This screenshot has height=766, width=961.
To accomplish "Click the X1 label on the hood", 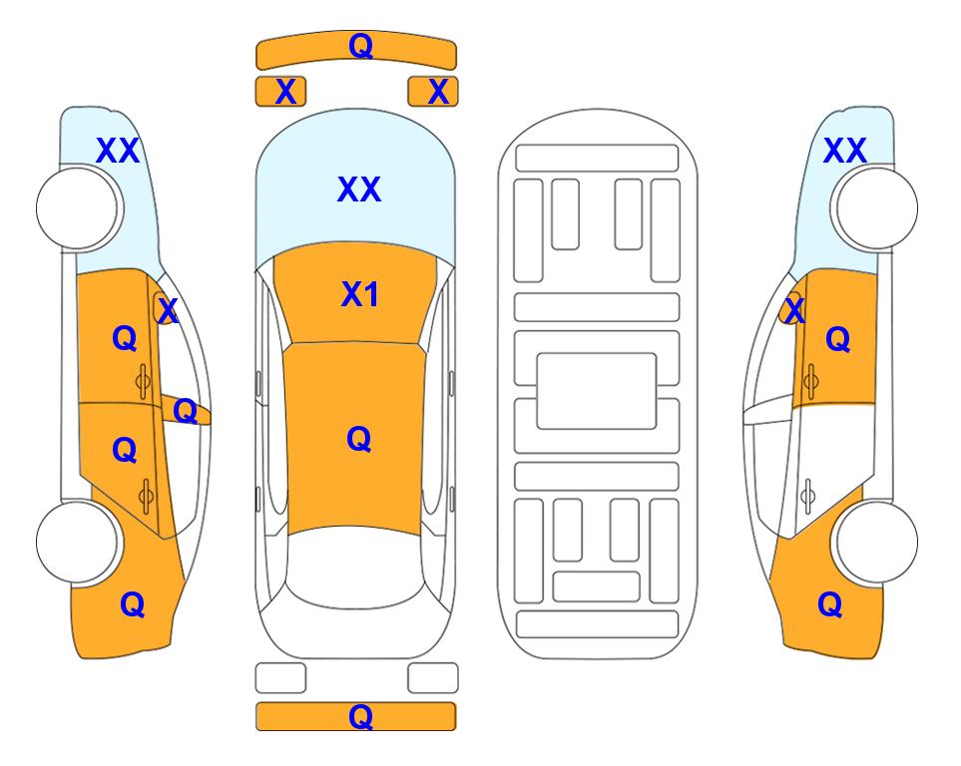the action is tap(359, 294).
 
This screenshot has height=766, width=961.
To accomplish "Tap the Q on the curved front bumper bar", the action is tap(360, 45).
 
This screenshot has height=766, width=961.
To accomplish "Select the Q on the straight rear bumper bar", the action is tap(360, 716).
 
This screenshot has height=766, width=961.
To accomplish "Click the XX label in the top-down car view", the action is tap(359, 189).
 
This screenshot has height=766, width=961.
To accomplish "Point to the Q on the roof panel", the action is tap(358, 439).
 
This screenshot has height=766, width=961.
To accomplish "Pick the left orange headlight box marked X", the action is tap(280, 92).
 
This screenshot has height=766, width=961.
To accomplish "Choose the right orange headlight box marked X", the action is tap(433, 92).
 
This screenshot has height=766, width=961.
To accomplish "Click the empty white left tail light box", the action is tap(280, 678).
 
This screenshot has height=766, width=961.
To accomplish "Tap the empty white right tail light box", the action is tap(433, 678).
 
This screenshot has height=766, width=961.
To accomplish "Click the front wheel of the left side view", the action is tap(77, 208).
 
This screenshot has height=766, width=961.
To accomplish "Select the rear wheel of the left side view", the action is tap(77, 542).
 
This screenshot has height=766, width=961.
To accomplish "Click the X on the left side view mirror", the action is tap(168, 310).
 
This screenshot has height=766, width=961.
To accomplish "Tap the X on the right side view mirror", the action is tap(794, 310).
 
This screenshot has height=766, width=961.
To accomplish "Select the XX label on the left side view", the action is tap(118, 151).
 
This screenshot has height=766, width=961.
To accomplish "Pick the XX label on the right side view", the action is tap(844, 151).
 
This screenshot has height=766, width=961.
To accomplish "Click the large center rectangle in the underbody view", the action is tap(597, 391).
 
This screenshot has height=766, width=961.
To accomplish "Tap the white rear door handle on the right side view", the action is tap(808, 497).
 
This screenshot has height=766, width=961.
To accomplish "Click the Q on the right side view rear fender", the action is tap(830, 604).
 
